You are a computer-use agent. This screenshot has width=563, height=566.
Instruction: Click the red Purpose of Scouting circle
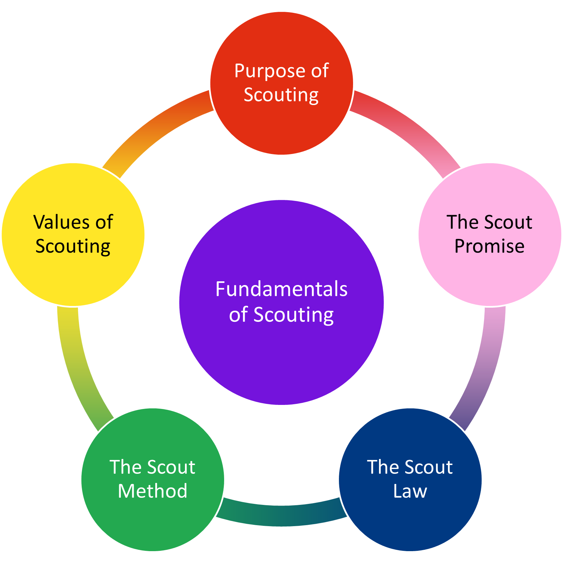(281, 125)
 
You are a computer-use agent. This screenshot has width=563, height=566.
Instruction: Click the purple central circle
(281, 358)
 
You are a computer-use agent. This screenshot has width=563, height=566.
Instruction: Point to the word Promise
(489, 246)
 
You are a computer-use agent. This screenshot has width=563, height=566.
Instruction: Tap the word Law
(410, 491)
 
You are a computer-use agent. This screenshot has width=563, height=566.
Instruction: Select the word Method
(153, 491)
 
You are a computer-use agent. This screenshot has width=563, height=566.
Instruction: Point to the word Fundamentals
(281, 289)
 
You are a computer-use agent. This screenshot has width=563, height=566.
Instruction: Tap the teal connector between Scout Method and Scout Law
(281, 516)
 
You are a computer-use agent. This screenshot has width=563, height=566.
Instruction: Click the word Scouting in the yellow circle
(73, 246)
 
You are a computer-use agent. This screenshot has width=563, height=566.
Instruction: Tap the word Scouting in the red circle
(281, 95)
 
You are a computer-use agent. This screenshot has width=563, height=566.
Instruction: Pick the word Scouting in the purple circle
(293, 315)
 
